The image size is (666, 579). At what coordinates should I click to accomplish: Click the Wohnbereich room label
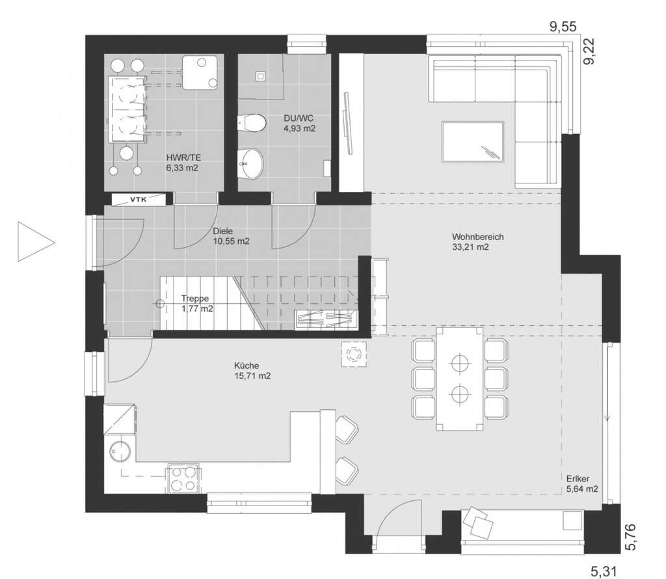pyautogui.click(x=477, y=237)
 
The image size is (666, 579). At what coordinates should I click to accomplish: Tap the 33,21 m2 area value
pyautogui.click(x=470, y=247)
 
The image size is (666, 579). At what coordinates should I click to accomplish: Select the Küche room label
pyautogui.click(x=248, y=366)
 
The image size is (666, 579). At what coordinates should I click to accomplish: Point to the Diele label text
pyautogui.click(x=222, y=230)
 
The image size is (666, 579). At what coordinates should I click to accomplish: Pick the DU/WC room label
pyautogui.click(x=299, y=118)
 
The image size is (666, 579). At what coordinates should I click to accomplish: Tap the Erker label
pyautogui.click(x=577, y=478)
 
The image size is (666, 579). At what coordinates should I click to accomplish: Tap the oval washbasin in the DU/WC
pyautogui.click(x=251, y=163)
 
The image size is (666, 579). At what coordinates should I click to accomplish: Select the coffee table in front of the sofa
pyautogui.click(x=472, y=141)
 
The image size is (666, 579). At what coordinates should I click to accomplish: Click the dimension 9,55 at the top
pyautogui.click(x=563, y=27)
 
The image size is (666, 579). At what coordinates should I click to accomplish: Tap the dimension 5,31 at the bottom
pyautogui.click(x=603, y=571)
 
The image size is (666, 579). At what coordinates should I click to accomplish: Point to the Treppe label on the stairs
pyautogui.click(x=195, y=299)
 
